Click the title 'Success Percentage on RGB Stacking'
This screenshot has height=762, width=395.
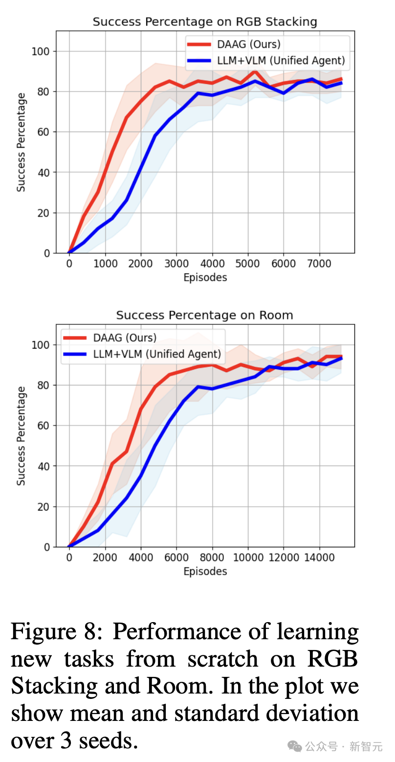pyautogui.click(x=205, y=22)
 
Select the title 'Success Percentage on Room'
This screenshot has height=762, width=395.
pyautogui.click(x=205, y=315)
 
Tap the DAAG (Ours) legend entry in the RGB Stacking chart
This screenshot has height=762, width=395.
pyautogui.click(x=248, y=44)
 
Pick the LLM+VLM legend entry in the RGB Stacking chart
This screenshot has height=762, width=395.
pyautogui.click(x=281, y=61)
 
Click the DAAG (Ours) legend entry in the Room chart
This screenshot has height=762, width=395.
pyautogui.click(x=124, y=337)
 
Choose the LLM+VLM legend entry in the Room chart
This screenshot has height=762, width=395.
pyautogui.click(x=157, y=354)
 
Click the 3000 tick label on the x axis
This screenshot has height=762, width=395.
pyautogui.click(x=176, y=263)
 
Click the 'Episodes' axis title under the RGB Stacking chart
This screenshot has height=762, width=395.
pyautogui.click(x=205, y=278)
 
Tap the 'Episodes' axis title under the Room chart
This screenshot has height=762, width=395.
pyautogui.click(x=205, y=571)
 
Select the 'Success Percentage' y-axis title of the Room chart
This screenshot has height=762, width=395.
pyautogui.click(x=21, y=436)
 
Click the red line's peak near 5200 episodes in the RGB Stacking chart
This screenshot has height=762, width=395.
pyautogui.click(x=255, y=71)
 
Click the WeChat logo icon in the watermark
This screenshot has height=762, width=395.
pyautogui.click(x=295, y=746)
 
